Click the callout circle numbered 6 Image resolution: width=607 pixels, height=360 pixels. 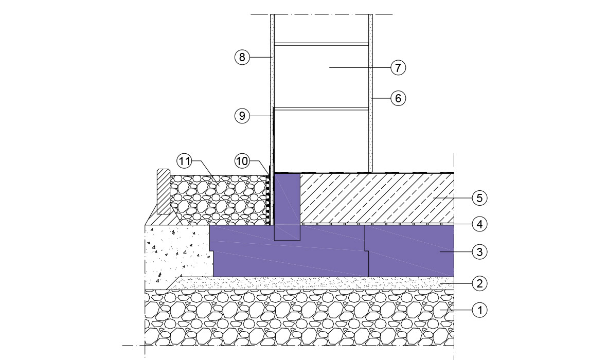pos(398,98)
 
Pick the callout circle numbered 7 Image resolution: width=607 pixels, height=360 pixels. pos(398,67)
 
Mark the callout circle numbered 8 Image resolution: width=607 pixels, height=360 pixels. pos(242,57)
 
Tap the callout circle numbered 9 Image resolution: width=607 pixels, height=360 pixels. pos(242,116)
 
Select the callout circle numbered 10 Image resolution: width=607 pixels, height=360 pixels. pos(242,161)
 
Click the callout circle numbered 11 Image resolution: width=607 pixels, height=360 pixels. pos(184,161)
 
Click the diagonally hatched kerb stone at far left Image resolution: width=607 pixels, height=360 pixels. pos(164,191)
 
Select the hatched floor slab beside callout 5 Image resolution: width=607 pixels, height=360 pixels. pos(376,198)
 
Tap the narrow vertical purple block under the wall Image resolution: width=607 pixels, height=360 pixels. pos(287,206)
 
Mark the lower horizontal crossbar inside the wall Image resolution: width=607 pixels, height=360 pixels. pos(322,109)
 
